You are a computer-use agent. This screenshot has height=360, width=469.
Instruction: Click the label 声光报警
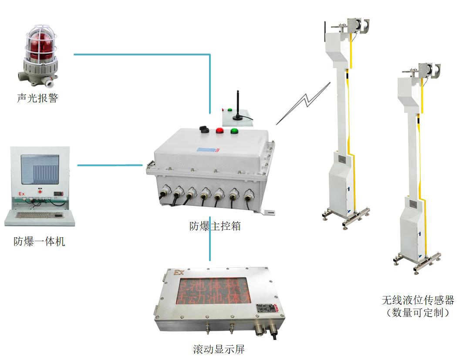pyautogui.click(x=37, y=98)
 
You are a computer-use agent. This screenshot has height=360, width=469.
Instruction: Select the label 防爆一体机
pyautogui.click(x=39, y=241)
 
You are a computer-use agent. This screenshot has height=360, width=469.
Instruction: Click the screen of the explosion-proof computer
pyautogui.click(x=40, y=169)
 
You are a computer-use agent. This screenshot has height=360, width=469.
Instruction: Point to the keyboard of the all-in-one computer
pyautogui.click(x=39, y=215)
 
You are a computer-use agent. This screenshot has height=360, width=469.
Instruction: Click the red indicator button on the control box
pyautogui.click(x=220, y=130)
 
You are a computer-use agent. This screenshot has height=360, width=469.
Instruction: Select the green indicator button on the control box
pyautogui.click(x=234, y=130)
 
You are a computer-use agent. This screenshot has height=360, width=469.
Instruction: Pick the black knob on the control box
pyautogui.click(x=203, y=129)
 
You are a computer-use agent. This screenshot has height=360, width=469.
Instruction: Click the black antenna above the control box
pyautogui.click(x=237, y=104)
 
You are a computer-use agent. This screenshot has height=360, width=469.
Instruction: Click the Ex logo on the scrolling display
pyautogui.click(x=179, y=273)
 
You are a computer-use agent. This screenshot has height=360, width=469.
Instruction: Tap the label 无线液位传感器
pyautogui.click(x=418, y=300)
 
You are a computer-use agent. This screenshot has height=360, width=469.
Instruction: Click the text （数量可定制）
pyautogui.click(x=418, y=313)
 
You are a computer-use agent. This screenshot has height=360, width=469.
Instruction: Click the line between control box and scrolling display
pyautogui.click(x=210, y=244)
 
